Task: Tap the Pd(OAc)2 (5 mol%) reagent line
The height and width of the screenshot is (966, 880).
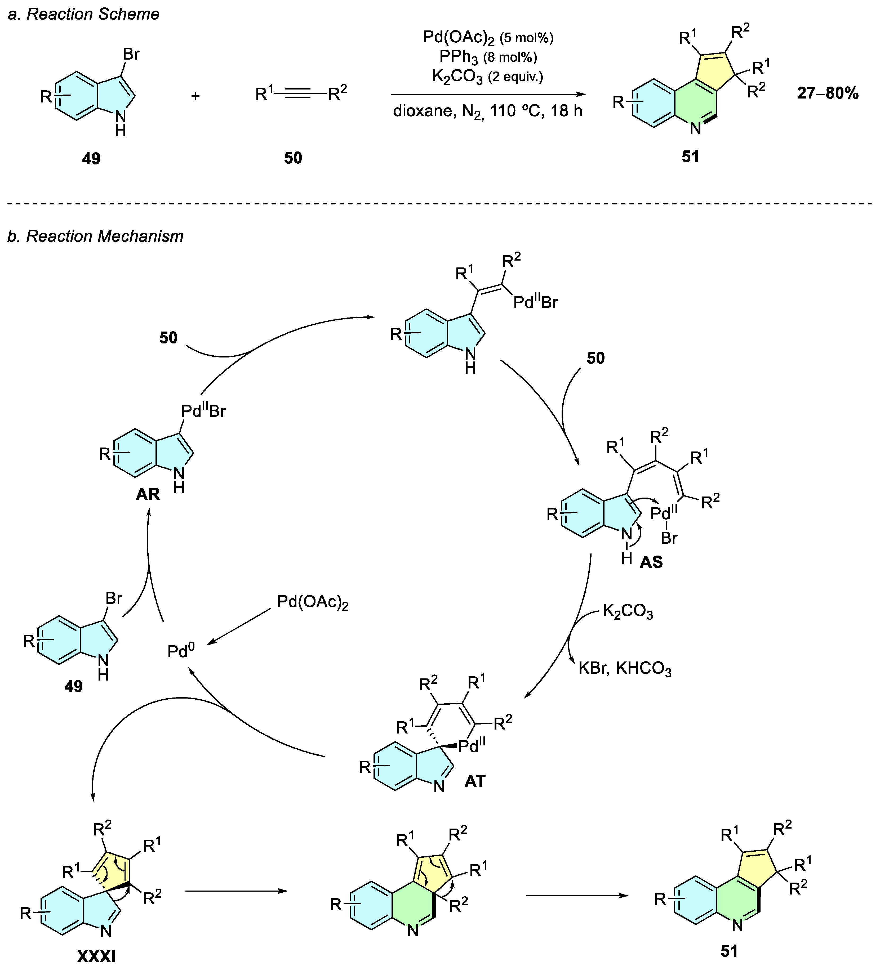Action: pyautogui.click(x=488, y=37)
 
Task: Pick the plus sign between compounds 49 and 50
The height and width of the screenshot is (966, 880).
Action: pyautogui.click(x=195, y=96)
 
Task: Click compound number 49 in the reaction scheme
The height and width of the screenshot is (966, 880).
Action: pyautogui.click(x=91, y=158)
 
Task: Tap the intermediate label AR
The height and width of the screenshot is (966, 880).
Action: pyautogui.click(x=147, y=494)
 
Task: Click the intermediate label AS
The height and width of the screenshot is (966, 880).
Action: pyautogui.click(x=651, y=562)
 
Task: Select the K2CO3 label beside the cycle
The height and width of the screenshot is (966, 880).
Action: pyautogui.click(x=627, y=612)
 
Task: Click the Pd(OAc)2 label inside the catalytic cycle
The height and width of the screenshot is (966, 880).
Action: pyautogui.click(x=313, y=602)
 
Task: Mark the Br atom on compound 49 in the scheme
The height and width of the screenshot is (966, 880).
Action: pyautogui.click(x=131, y=55)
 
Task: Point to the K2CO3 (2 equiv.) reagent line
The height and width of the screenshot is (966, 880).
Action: pyautogui.click(x=488, y=77)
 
